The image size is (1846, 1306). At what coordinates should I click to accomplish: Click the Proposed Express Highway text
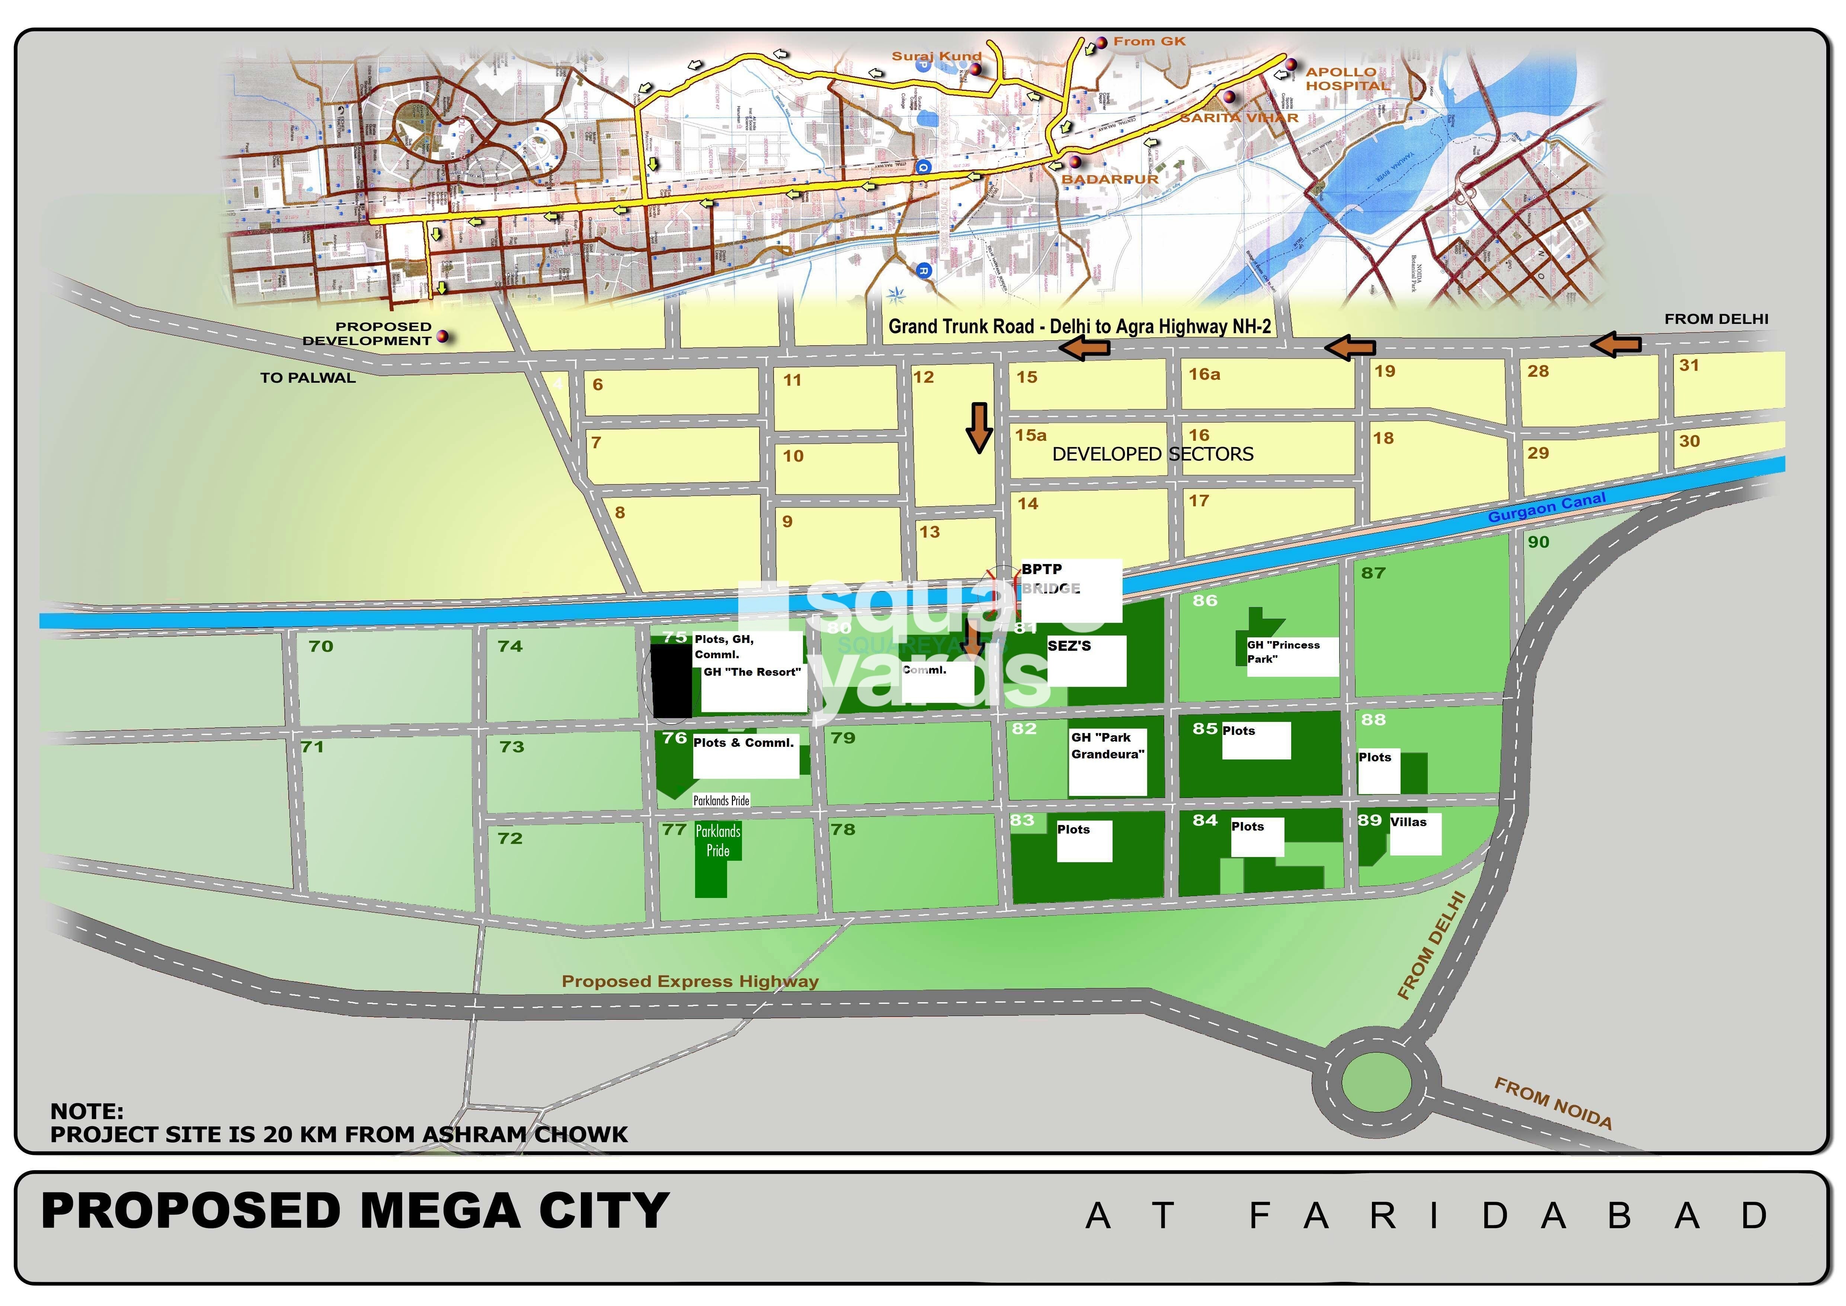pos(690,981)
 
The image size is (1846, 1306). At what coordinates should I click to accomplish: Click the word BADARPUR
pos(1110,179)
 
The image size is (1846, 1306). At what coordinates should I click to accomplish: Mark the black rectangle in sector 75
pos(671,680)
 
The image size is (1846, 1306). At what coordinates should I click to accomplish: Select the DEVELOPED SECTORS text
pos(1152,454)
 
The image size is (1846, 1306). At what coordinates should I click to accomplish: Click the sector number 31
pos(1689,365)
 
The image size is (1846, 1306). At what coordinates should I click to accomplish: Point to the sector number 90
pos(1538,542)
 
